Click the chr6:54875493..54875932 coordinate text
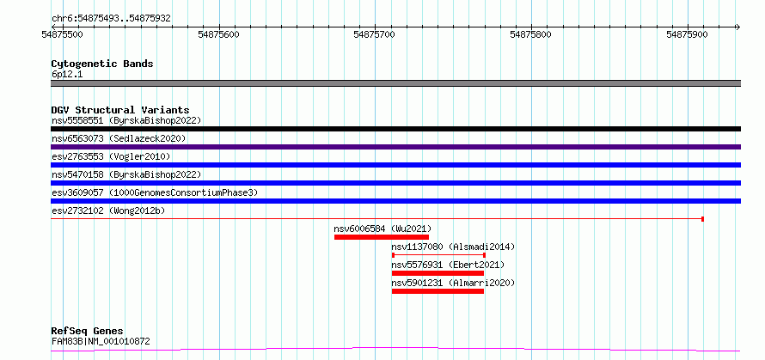pyautogui.click(x=110, y=17)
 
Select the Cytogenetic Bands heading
pyautogui.click(x=101, y=64)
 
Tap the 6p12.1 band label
pyautogui.click(x=68, y=74)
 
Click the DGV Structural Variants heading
pyautogui.click(x=119, y=110)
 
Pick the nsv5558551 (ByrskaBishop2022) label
pyautogui.click(x=125, y=120)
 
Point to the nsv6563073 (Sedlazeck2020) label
pyautogui.click(x=119, y=138)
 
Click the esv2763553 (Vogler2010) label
pyautogui.click(x=111, y=156)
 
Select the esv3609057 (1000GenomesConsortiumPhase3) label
pyautogui.click(x=154, y=192)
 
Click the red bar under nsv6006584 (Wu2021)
pyautogui.click(x=382, y=237)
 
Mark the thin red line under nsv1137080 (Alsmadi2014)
pyautogui.click(x=438, y=255)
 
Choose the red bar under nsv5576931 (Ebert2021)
pyautogui.click(x=438, y=273)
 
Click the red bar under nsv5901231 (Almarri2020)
pyautogui.click(x=438, y=291)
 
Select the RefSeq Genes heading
pyautogui.click(x=87, y=331)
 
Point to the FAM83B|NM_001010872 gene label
pyautogui.click(x=101, y=341)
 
